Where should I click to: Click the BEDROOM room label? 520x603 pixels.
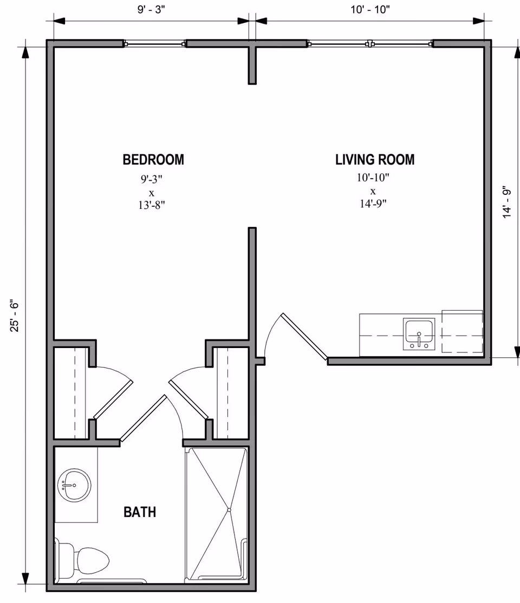153,160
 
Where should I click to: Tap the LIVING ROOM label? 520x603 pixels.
375,160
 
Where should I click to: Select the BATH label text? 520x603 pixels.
140,512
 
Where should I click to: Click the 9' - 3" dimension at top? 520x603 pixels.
152,9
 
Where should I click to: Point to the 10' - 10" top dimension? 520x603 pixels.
370,9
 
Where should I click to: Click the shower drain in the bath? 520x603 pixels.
229,510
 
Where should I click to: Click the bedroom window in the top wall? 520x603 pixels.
155,43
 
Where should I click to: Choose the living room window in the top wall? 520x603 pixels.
370,43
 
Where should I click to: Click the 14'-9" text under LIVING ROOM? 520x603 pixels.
373,204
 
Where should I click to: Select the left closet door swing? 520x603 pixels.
113,399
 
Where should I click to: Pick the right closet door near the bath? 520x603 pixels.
188,399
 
